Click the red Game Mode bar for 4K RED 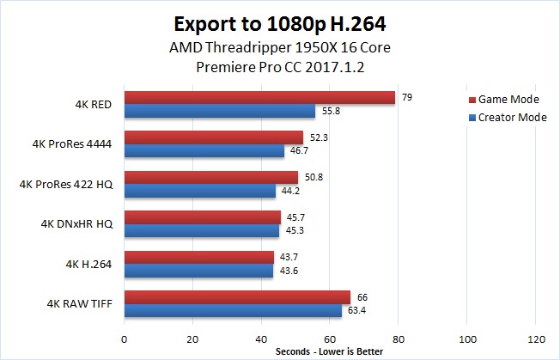pos(259,98)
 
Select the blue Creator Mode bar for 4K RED pos(220,111)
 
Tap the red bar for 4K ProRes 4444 pos(214,137)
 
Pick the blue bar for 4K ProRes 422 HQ pos(200,191)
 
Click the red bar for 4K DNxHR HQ pos(203,217)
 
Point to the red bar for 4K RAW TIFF pos(237,297)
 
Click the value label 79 pos(407,97)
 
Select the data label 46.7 pos(298,150)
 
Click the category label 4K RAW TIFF pos(76,303)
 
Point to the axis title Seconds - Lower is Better pos(329,351)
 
